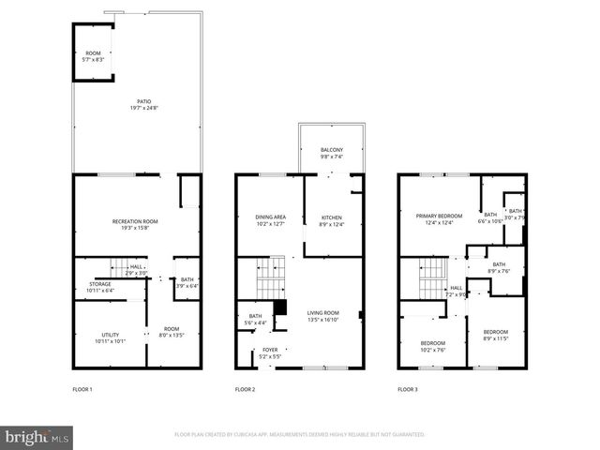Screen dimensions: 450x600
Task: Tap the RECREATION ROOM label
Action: coord(135,221)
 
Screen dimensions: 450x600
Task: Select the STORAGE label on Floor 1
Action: coord(99,284)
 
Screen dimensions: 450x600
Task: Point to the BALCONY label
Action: coord(331,150)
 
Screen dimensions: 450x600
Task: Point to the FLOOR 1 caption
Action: coord(82,389)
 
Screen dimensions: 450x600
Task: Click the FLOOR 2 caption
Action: coord(245,389)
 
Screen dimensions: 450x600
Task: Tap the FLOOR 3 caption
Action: coord(408,389)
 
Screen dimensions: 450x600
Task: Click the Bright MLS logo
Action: coord(37,436)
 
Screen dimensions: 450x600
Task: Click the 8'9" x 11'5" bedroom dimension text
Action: coord(495,338)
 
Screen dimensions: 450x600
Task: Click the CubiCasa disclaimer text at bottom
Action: coord(299,435)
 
